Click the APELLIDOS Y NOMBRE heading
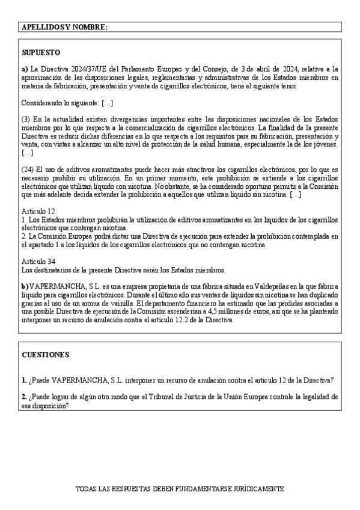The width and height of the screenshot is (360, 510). (x=64, y=28)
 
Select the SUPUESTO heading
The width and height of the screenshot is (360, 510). (x=40, y=52)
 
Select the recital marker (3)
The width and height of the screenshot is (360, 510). (x=26, y=120)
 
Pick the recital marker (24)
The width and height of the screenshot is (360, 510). (x=28, y=170)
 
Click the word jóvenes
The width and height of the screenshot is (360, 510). (x=323, y=145)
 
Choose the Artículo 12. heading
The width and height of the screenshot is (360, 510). (x=39, y=212)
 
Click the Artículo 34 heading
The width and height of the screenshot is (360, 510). (x=38, y=262)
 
